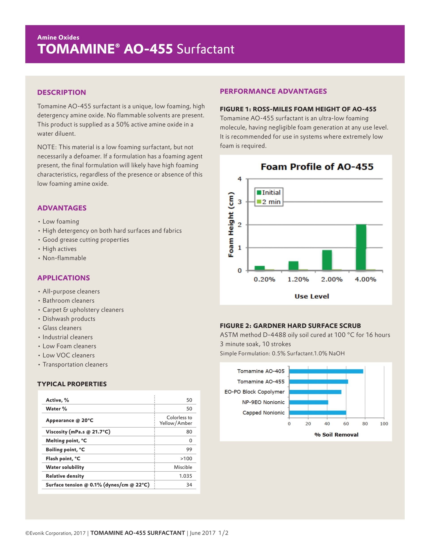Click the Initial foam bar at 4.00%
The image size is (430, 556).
361,247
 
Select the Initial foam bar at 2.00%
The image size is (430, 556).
327,260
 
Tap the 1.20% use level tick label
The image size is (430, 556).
298,280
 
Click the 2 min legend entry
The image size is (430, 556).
269,202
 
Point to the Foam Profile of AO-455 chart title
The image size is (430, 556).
317,167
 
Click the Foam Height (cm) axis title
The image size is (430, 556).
231,225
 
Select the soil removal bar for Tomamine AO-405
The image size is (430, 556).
326,371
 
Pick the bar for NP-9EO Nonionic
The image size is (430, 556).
308,402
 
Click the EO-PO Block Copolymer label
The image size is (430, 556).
254,392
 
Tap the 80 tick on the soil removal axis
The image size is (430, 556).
365,424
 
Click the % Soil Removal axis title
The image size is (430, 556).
336,434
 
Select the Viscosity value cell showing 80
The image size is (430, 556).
189,432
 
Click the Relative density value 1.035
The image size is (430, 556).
185,476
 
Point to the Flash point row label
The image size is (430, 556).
63,458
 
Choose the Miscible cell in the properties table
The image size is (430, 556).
183,467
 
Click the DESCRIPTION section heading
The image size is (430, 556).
61,92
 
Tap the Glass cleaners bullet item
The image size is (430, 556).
62,328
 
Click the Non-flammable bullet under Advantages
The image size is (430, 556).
64,258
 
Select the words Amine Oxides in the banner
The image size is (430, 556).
58,37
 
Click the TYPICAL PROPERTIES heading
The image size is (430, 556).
72,384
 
